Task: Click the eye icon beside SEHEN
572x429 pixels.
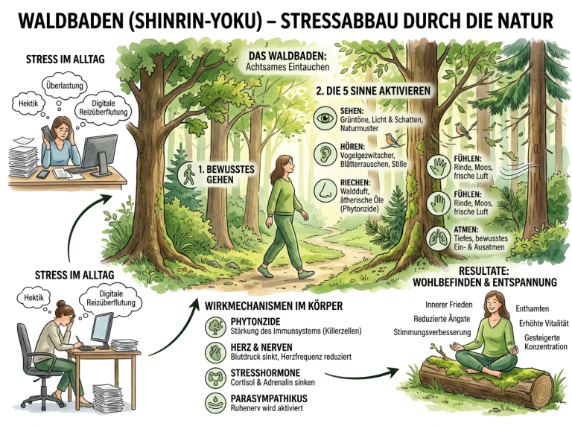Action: pos(324,118)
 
